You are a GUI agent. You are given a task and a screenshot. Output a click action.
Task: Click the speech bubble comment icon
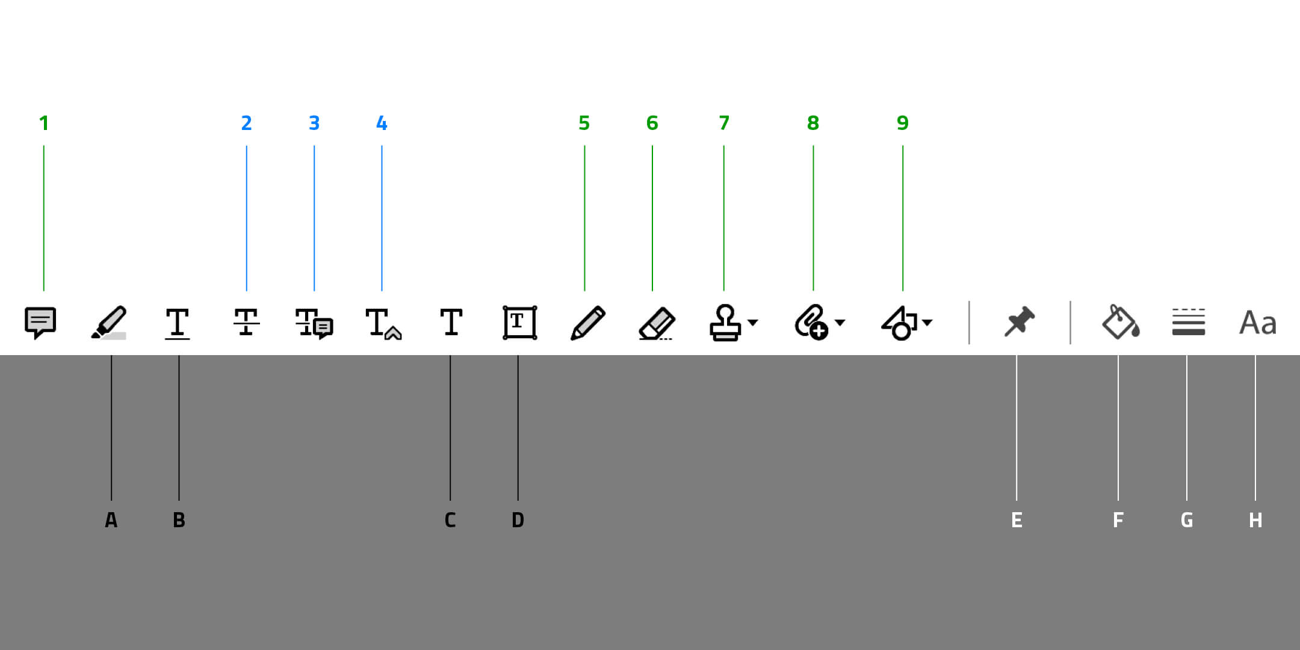pyautogui.click(x=40, y=323)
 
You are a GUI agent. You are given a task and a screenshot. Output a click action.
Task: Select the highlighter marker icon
pyautogui.click(x=109, y=323)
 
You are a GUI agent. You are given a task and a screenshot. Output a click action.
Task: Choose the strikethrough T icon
pyautogui.click(x=247, y=322)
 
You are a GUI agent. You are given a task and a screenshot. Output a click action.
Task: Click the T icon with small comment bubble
pyautogui.click(x=314, y=323)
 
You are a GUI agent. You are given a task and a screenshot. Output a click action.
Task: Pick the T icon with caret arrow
pyautogui.click(x=383, y=324)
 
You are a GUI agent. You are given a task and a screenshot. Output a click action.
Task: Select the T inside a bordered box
pyautogui.click(x=520, y=323)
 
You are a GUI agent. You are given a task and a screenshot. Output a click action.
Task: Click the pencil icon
pyautogui.click(x=587, y=323)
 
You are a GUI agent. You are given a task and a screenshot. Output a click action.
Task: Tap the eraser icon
pyautogui.click(x=657, y=324)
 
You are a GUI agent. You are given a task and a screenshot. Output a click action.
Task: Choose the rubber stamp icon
pyautogui.click(x=725, y=323)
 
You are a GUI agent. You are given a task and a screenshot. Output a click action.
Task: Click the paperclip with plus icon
pyautogui.click(x=811, y=323)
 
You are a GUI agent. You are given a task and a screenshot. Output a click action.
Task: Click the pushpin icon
pyautogui.click(x=1020, y=321)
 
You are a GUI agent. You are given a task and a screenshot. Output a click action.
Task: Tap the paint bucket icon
pyautogui.click(x=1121, y=322)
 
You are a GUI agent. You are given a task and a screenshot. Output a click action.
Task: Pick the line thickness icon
pyautogui.click(x=1189, y=322)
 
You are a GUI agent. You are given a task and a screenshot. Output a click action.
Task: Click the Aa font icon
pyautogui.click(x=1258, y=323)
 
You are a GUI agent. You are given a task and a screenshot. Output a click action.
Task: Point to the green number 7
pyautogui.click(x=724, y=123)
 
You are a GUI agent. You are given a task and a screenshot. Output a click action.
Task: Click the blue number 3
pyautogui.click(x=314, y=123)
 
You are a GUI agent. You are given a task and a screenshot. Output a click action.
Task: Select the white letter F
pyautogui.click(x=1118, y=520)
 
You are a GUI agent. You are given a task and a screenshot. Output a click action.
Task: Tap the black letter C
pyautogui.click(x=450, y=520)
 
